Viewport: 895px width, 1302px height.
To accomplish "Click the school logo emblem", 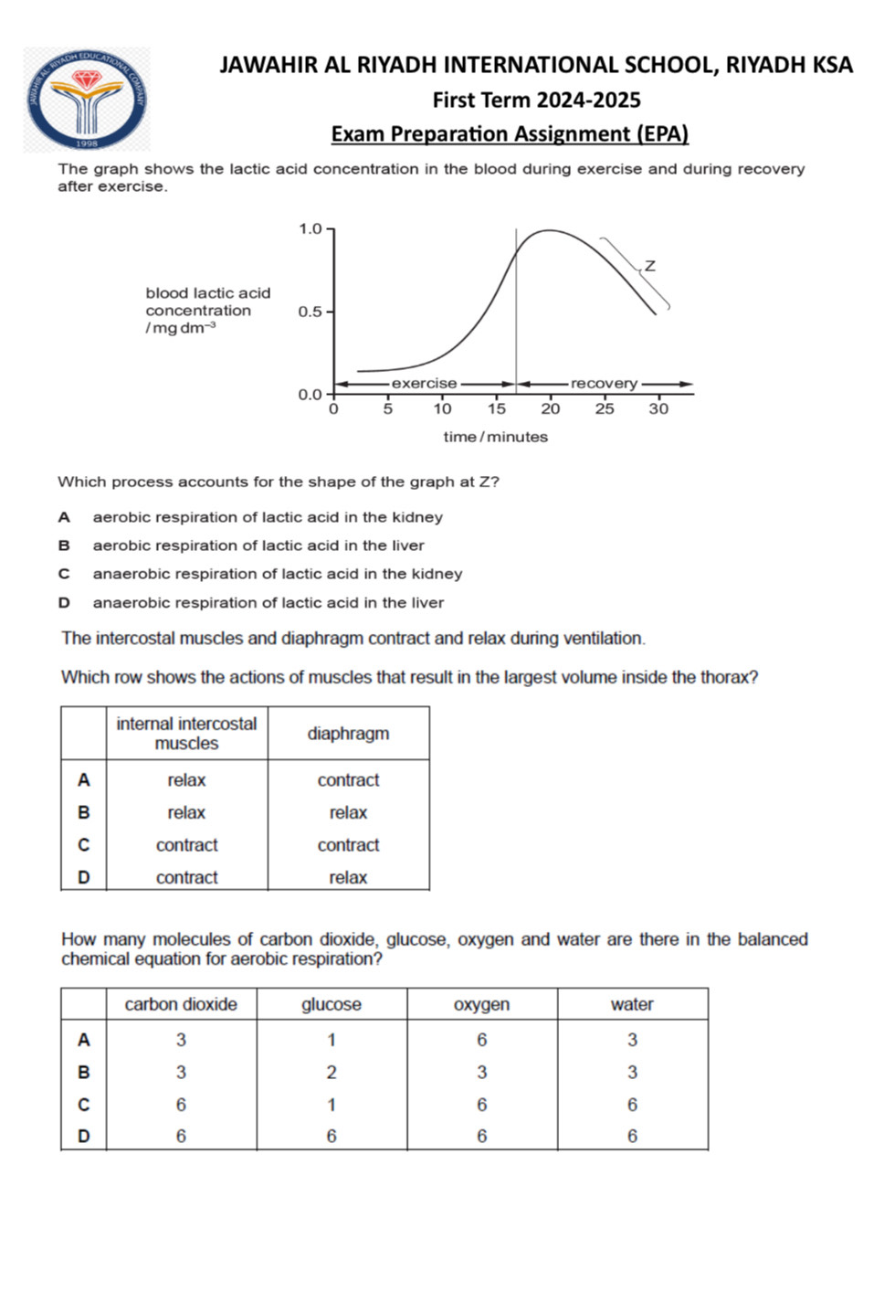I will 87,100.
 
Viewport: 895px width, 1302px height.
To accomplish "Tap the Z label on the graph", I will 649,266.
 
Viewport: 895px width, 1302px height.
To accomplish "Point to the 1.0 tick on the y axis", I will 311,228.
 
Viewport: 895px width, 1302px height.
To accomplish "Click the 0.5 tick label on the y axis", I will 311,312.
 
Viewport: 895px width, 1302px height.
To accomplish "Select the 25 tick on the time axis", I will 605,408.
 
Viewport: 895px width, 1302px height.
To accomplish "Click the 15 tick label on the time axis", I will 496,408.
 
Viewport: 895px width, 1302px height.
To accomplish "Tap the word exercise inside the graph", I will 424,384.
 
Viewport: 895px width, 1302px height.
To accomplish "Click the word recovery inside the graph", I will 604,384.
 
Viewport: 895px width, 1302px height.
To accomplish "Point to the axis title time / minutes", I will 495,437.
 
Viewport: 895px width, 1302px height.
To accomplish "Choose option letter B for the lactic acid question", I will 64,545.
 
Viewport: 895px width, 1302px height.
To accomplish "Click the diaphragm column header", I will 348,733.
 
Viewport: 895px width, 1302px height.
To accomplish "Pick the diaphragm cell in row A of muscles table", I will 348,780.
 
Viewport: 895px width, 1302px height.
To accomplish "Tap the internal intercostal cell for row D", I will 186,877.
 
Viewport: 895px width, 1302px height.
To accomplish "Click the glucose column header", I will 332,1004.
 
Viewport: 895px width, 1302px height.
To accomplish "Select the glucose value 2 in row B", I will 332,1072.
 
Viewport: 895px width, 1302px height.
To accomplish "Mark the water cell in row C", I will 632,1105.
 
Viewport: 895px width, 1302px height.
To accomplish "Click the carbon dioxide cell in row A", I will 181,1040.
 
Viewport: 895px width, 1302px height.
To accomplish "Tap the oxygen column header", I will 481,1004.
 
